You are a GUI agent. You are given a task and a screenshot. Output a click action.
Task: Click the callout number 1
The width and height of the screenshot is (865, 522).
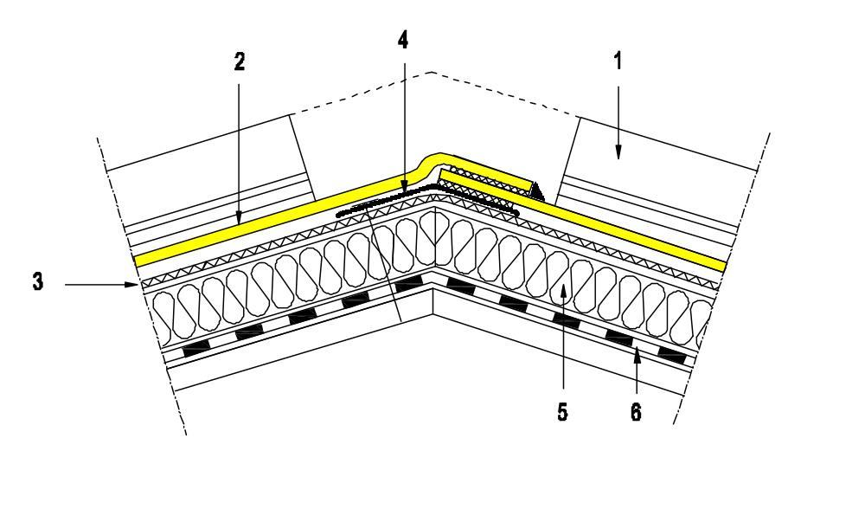pos(618,61)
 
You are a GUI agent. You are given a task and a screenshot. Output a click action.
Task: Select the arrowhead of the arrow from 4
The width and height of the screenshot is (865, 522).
pos(403,189)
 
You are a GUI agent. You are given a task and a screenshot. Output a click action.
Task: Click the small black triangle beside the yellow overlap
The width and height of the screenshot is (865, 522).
pos(537,192)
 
